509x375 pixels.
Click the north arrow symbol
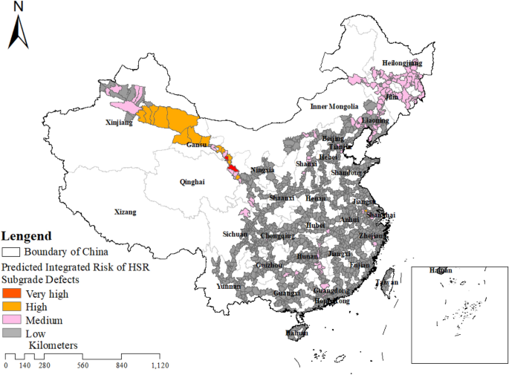click(19, 30)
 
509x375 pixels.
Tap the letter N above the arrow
click(19, 7)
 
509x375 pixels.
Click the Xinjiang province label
click(120, 123)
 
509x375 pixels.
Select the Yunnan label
click(228, 286)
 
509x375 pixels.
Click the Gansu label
click(197, 145)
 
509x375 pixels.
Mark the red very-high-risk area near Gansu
click(233, 170)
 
